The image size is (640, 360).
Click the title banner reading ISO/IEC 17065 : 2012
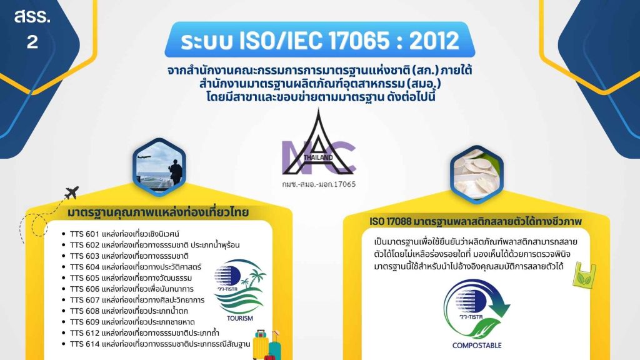319,39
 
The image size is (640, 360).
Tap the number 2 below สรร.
32,42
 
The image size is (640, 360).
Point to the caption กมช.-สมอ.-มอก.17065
318,184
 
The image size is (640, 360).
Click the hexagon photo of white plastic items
477,174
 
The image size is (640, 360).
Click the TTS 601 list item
124,234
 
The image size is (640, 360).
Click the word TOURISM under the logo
240,318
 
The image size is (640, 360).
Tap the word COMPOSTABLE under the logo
477,345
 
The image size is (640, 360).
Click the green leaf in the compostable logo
486,329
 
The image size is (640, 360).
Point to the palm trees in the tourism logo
254,277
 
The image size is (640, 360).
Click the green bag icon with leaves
584,274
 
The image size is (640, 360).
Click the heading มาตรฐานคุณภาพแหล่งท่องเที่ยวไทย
158,212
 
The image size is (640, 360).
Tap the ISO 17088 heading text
476,222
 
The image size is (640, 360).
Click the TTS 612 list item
144,333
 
